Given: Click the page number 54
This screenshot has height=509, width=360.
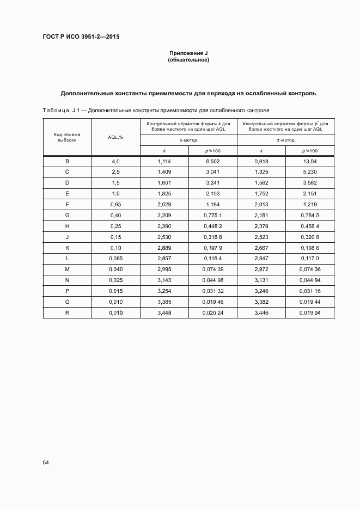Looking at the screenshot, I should tap(46, 462).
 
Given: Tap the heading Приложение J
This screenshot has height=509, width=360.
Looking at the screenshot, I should tap(188, 53).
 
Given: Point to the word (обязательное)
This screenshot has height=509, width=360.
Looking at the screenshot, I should tap(188, 60).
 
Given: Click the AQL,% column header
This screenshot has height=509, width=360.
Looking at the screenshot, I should tap(115, 137).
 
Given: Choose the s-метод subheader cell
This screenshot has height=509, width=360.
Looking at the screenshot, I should tap(188, 140).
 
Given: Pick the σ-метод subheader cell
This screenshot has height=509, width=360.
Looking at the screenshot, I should tap(285, 140).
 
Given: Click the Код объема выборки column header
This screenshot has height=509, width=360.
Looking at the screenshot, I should tap(67, 137).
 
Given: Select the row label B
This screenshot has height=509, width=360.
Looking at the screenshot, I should tap(67, 162).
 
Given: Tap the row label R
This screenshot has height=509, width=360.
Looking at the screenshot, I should tap(67, 313).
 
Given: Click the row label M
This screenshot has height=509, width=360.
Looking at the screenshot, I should tap(67, 269).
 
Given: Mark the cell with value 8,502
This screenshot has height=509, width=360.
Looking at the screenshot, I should tap(213, 162).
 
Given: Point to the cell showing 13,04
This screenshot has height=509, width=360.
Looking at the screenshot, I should tap(310, 162).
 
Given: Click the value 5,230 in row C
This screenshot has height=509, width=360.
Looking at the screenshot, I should tap(310, 172).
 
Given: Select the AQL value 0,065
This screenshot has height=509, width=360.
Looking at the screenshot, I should tap(115, 259).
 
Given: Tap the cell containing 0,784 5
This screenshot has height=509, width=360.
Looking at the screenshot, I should tap(310, 216).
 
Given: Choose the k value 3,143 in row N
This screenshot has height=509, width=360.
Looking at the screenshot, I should tap(164, 280).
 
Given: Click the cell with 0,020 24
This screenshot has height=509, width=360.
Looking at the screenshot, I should tap(213, 313).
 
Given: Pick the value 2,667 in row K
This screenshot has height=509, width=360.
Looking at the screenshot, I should tap(261, 248).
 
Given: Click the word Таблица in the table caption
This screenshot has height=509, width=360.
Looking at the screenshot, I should tap(55, 111).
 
